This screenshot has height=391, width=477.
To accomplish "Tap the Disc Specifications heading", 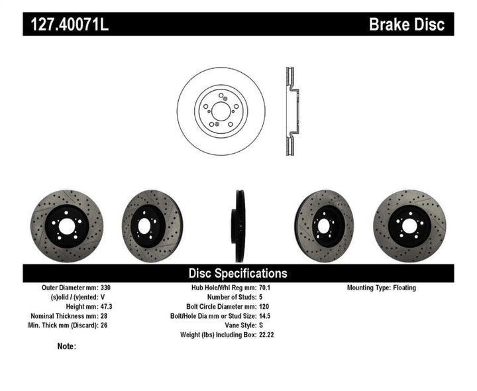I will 238,273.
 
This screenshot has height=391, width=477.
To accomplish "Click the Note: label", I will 67,347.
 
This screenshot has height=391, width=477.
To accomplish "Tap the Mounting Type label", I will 370,288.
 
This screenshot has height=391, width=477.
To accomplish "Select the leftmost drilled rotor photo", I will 67,226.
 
